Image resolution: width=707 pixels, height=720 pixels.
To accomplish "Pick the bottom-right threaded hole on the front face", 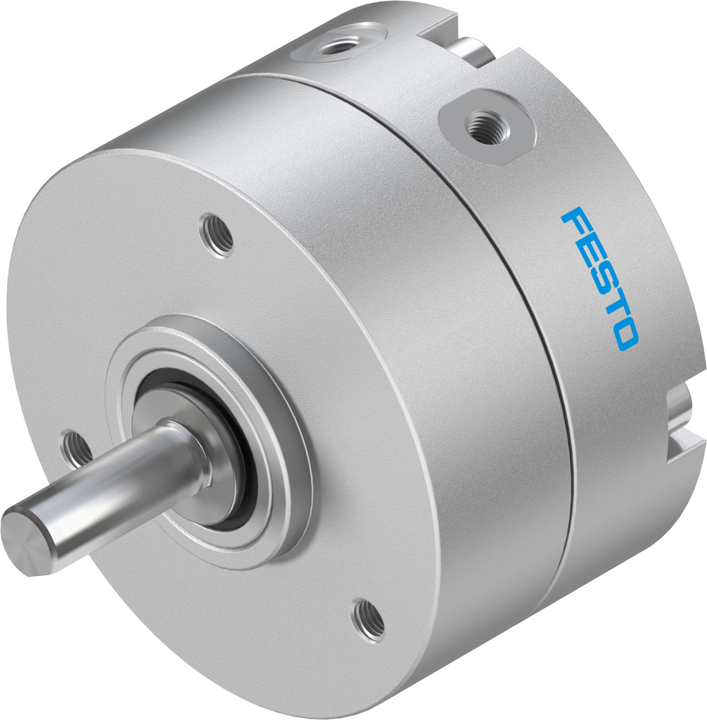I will [x=369, y=618].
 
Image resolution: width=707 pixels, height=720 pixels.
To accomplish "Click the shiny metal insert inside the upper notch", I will [x=474, y=50].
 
